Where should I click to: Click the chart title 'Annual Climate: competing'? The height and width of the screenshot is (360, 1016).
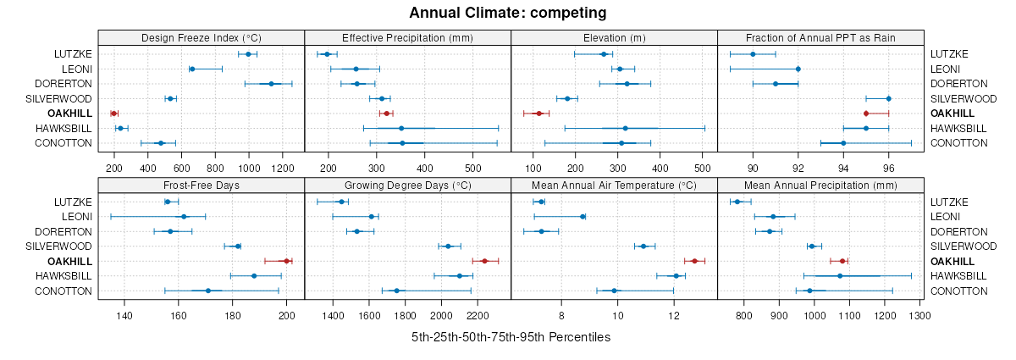click(508, 13)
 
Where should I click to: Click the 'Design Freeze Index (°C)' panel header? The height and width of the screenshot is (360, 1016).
click(201, 37)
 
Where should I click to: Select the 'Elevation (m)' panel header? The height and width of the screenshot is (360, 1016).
click(614, 37)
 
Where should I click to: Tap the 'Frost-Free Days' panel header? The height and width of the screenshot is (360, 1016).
click(201, 185)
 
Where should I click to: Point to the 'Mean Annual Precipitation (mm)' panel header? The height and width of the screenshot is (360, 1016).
click(820, 185)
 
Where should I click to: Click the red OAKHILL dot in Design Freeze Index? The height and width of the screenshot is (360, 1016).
click(113, 113)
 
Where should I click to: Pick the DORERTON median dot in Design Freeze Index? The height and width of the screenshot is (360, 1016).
click(271, 84)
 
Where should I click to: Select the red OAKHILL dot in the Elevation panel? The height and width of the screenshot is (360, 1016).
click(538, 113)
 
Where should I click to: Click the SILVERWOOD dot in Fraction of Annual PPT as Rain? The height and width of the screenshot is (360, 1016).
click(888, 98)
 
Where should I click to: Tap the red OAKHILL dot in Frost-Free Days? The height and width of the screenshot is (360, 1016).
click(286, 261)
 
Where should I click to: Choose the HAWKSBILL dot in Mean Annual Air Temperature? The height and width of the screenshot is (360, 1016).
click(676, 275)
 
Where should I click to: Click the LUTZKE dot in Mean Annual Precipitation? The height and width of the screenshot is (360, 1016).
click(737, 202)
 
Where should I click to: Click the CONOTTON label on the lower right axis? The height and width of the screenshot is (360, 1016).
click(958, 291)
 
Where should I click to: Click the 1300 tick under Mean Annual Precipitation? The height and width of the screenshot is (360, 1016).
click(919, 315)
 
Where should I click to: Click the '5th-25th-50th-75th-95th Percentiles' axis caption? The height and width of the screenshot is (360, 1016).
click(511, 337)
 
